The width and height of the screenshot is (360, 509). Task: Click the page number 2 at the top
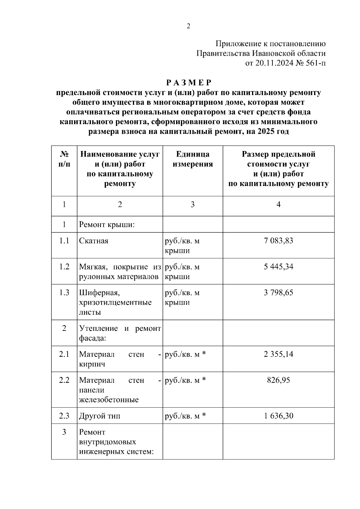[188, 26]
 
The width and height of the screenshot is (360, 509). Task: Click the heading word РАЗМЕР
[189, 82]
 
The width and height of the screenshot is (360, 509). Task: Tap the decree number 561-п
[316, 63]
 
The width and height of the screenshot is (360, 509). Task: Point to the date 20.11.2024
[274, 63]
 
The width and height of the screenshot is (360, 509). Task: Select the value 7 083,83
[278, 241]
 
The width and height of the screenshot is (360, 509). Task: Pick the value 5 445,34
[278, 266]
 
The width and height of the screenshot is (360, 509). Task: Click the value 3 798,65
[278, 292]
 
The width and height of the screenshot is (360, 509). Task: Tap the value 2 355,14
[278, 354]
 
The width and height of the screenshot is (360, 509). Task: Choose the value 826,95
[278, 380]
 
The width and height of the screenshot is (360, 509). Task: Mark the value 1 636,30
[278, 416]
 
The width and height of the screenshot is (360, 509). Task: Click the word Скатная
[94, 241]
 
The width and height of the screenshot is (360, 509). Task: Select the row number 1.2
[64, 266]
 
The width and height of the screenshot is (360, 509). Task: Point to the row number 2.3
[64, 416]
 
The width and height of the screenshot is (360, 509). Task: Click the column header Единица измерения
[193, 159]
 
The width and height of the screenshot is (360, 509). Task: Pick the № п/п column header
[64, 159]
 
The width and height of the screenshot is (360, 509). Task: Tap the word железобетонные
[109, 400]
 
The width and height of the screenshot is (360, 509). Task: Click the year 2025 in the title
[265, 131]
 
